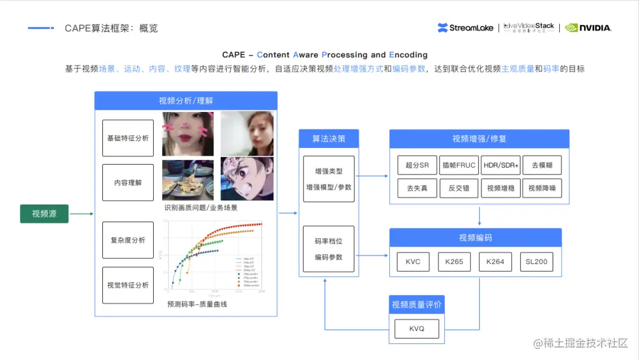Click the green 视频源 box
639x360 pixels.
pyautogui.click(x=44, y=214)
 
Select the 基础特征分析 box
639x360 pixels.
pyautogui.click(x=128, y=138)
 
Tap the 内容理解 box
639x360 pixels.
pyautogui.click(x=128, y=182)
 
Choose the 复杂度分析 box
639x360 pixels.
pyautogui.click(x=128, y=240)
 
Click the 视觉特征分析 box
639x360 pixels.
pyautogui.click(x=128, y=285)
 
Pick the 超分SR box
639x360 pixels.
pyautogui.click(x=417, y=165)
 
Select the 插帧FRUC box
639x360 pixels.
pyautogui.click(x=459, y=165)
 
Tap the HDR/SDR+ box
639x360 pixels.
pyautogui.click(x=501, y=165)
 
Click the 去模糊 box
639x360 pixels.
pyautogui.click(x=542, y=165)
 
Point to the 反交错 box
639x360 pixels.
pyautogui.click(x=459, y=188)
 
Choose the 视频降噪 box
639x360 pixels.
pyautogui.click(x=542, y=188)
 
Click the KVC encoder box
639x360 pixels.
pyautogui.click(x=413, y=262)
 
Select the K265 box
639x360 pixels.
pyautogui.click(x=454, y=262)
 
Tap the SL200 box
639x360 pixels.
pyautogui.click(x=537, y=262)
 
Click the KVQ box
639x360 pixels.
pyautogui.click(x=417, y=329)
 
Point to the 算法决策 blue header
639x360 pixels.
pyautogui.click(x=328, y=139)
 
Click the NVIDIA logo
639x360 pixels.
pyautogui.click(x=588, y=27)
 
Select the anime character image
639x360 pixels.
pyautogui.click(x=247, y=178)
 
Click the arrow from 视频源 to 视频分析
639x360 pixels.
pyautogui.click(x=82, y=214)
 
